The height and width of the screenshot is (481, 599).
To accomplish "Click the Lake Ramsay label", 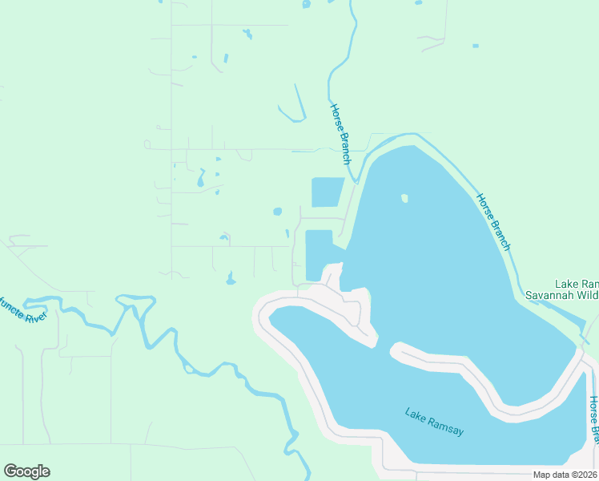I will tap(434, 422).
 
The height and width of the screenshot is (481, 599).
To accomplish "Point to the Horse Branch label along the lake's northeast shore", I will tap(493, 221).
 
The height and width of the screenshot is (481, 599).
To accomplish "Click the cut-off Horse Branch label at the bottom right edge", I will tap(593, 420).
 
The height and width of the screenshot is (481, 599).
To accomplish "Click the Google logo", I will tap(26, 471).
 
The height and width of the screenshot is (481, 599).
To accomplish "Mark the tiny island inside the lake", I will tap(404, 198).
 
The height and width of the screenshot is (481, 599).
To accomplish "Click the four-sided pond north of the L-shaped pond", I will tap(326, 192).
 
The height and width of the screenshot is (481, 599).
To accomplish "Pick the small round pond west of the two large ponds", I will tap(277, 212).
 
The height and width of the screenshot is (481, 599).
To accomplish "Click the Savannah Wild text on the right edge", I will tap(561, 295).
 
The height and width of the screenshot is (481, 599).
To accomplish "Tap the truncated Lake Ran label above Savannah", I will tap(577, 284).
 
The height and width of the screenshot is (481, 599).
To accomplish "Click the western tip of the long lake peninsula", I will tap(393, 350).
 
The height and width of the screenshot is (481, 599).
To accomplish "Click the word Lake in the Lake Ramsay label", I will tap(416, 415).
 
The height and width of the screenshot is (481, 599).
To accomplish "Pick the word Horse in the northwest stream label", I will tap(336, 118).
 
